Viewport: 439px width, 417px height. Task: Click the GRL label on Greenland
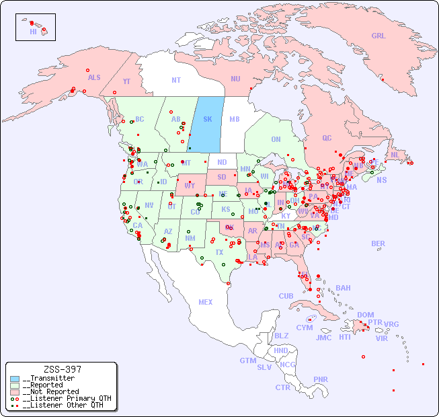378,36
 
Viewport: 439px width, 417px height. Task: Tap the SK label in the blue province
208,120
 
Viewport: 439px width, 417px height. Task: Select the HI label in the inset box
33,32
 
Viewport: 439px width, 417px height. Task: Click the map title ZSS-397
62,370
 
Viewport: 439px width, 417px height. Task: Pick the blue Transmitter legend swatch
15,379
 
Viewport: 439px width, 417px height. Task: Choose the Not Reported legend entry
50,391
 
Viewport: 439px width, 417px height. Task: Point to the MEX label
206,303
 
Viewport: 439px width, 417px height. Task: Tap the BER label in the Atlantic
378,244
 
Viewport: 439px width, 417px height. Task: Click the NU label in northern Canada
235,79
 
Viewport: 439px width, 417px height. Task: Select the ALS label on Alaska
94,78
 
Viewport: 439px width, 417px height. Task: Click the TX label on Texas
219,253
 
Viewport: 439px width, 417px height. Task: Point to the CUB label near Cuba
286,297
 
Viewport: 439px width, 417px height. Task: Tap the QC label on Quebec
327,139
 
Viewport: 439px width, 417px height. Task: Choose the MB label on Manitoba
234,120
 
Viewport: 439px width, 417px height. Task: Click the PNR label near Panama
321,380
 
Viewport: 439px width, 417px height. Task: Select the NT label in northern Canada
175,80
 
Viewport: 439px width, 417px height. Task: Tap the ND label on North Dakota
222,163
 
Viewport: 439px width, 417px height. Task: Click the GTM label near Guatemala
247,361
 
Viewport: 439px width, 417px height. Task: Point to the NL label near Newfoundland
395,155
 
